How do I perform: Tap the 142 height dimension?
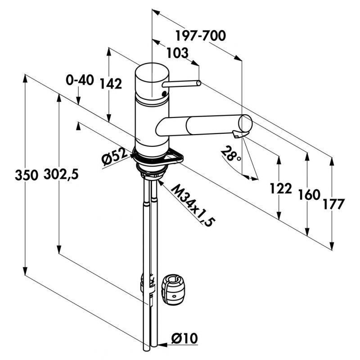point(111,84)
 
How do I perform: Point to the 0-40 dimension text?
point(80,81)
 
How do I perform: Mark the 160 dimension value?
point(308,195)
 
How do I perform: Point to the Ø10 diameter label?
point(185,337)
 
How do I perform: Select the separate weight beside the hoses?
point(173,289)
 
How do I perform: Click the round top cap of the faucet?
point(152,72)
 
